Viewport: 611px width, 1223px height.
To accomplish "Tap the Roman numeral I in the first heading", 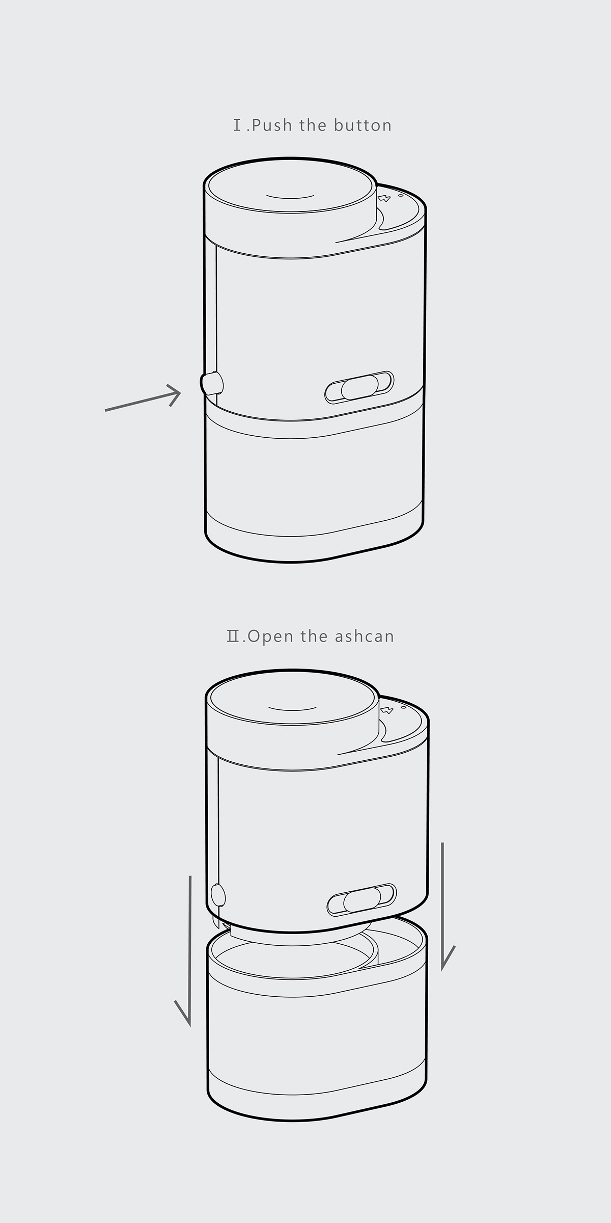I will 237,125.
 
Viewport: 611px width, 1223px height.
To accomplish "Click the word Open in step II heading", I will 270,636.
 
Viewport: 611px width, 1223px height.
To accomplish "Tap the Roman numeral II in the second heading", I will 233,636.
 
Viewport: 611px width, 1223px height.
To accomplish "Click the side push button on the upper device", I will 211,384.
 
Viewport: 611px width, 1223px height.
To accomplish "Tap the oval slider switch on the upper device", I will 359,387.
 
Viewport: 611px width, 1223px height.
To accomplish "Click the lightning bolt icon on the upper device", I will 384,197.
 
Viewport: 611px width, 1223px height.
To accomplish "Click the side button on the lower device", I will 218,895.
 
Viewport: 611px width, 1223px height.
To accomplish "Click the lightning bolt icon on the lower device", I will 387,709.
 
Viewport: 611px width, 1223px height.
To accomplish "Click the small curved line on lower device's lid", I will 292,708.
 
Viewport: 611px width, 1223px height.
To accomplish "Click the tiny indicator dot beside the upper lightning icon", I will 400,195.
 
